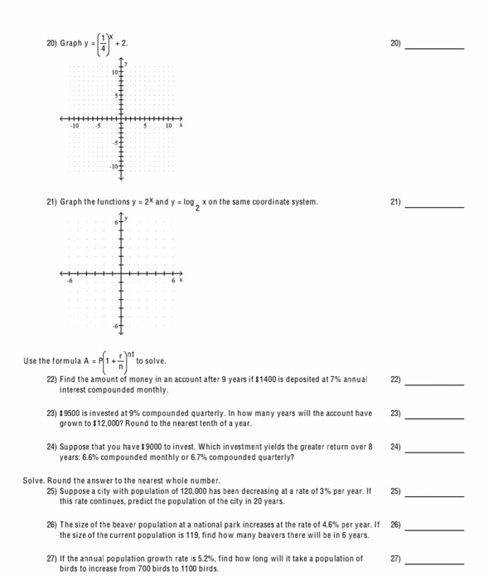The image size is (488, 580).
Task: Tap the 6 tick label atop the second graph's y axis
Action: click(117, 224)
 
